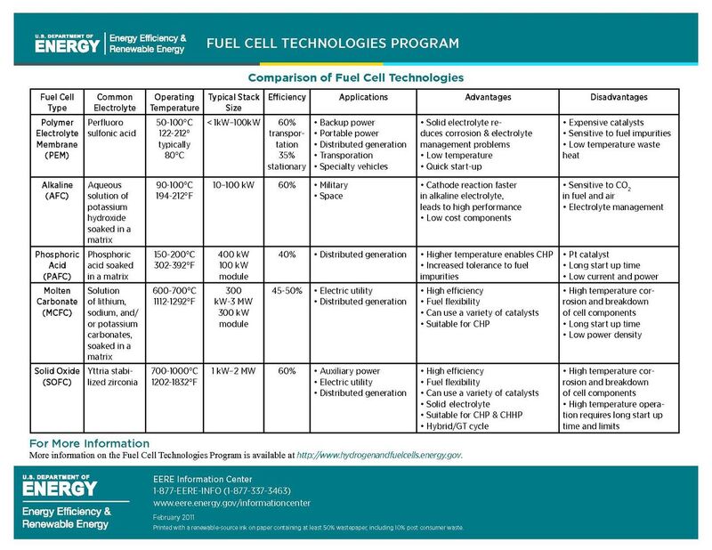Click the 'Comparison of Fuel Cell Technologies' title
click(x=355, y=77)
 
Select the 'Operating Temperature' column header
click(x=174, y=101)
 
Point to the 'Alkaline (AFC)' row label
click(x=57, y=190)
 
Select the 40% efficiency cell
click(x=287, y=255)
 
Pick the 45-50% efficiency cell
click(x=287, y=290)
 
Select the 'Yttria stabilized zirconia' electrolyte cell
click(x=114, y=376)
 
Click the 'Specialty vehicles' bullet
click(x=354, y=166)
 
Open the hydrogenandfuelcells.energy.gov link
click(x=379, y=455)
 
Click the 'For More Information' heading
click(x=89, y=443)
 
